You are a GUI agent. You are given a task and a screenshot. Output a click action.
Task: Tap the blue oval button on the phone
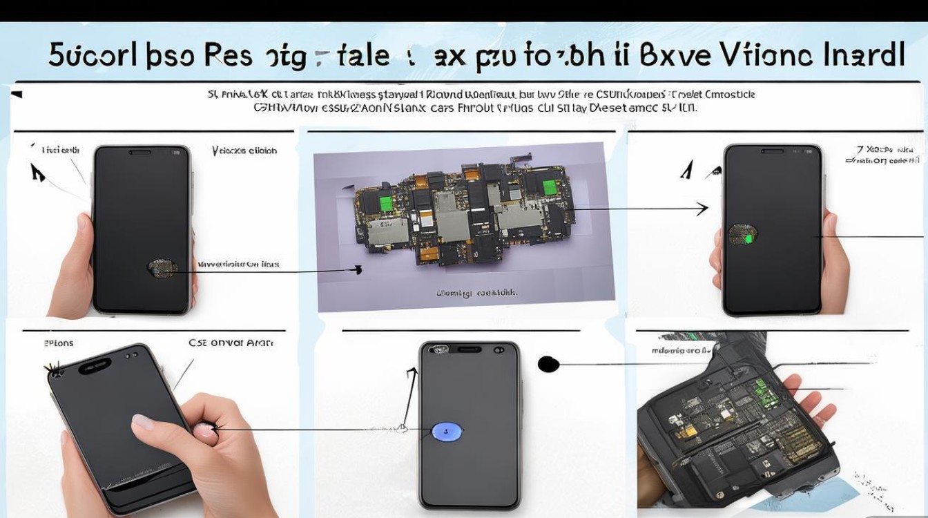point(446,432)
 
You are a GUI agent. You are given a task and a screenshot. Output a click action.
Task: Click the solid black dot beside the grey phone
point(548,364)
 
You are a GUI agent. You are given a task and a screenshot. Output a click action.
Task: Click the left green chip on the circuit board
point(385,203)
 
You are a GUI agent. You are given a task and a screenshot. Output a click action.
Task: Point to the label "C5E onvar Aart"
point(231,343)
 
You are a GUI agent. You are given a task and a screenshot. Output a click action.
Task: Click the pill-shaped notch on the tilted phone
point(95,366)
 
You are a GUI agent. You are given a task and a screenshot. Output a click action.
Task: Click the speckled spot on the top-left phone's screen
point(162,269)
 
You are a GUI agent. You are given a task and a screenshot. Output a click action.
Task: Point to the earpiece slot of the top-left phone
point(140,152)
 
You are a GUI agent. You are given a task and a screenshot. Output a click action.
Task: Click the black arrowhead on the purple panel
point(357,269)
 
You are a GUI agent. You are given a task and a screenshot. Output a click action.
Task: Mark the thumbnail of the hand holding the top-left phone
point(84,222)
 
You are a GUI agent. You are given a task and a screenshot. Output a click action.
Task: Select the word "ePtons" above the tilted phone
point(59,343)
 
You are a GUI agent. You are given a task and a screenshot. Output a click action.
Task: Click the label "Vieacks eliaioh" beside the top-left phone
point(244,151)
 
